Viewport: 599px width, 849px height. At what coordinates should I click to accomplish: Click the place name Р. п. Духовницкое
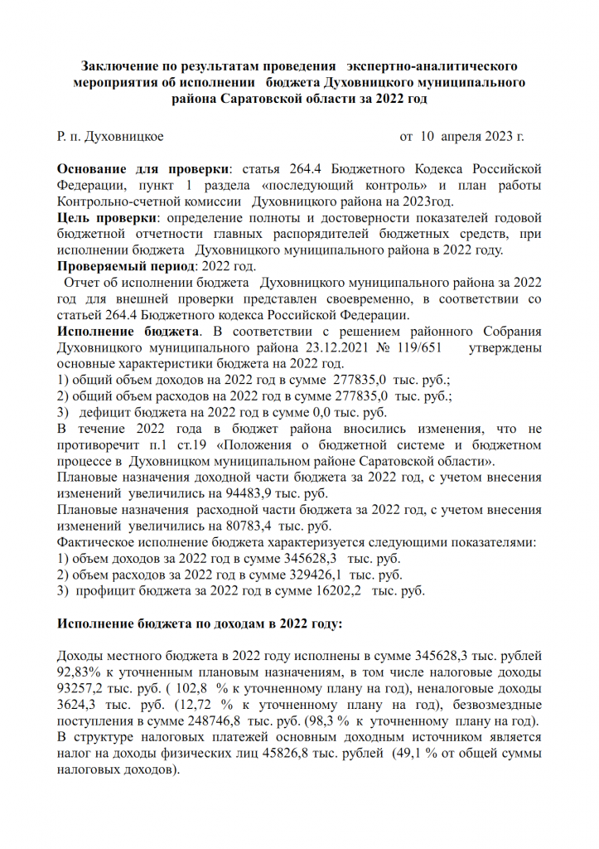pyautogui.click(x=110, y=136)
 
